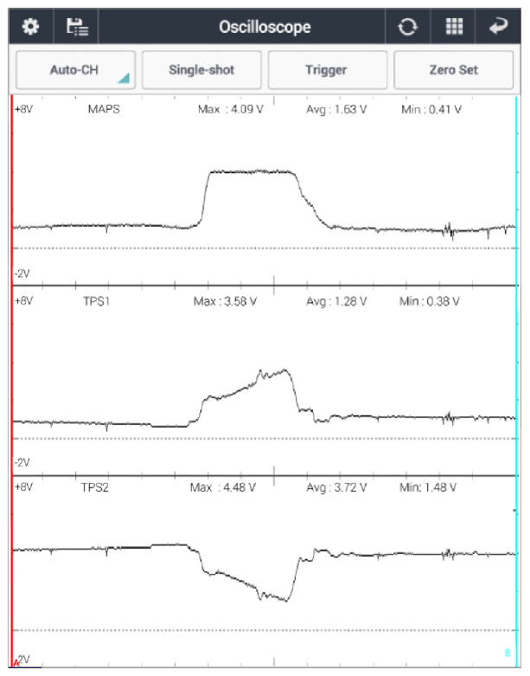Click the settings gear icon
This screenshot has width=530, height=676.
[x=30, y=26]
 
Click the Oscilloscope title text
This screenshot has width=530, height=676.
[x=265, y=27]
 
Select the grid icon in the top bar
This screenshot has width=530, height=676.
[x=455, y=26]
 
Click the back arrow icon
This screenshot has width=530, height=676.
[x=499, y=26]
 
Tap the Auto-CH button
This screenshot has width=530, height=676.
[x=75, y=70]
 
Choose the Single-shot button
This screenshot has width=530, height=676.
[x=201, y=70]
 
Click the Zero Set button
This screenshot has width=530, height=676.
[x=454, y=70]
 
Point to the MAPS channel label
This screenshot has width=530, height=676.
[x=105, y=110]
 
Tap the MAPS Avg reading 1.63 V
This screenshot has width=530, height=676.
[x=337, y=110]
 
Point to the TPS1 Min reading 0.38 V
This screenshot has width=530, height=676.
[x=430, y=301]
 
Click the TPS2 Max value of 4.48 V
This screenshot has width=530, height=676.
[x=223, y=487]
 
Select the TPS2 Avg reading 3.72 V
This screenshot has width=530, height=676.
[x=336, y=487]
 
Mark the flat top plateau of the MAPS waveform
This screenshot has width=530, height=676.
[x=252, y=171]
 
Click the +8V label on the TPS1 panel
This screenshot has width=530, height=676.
[x=23, y=301]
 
